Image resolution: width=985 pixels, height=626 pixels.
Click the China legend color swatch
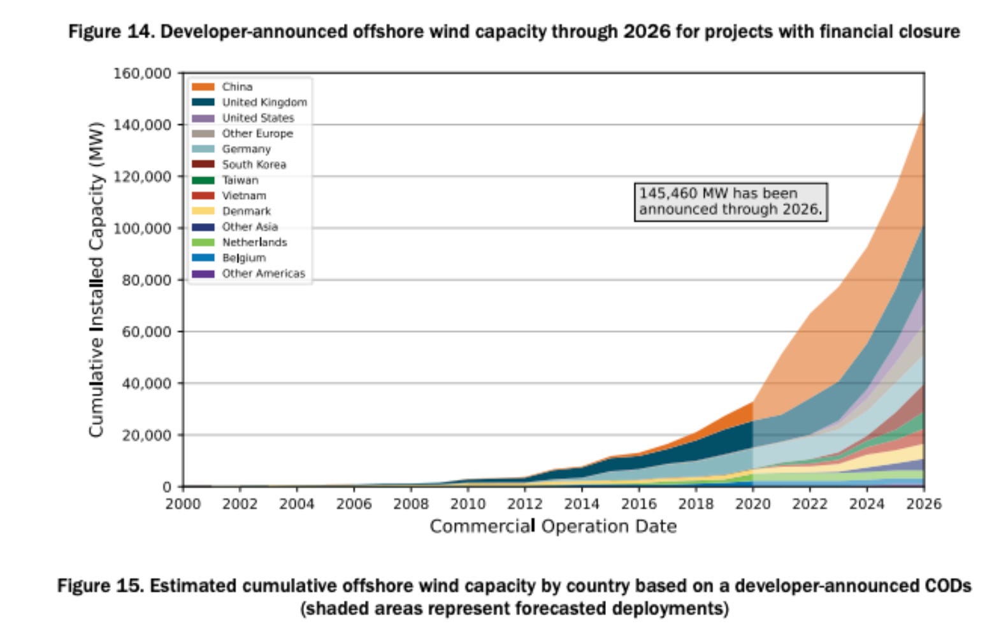click(x=203, y=87)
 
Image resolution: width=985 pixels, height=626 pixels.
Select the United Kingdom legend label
click(x=264, y=102)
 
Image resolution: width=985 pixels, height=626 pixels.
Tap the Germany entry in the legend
click(x=246, y=149)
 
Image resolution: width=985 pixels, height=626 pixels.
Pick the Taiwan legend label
click(x=240, y=180)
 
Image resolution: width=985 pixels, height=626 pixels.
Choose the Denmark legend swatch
click(x=203, y=211)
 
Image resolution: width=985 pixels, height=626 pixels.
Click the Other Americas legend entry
click(x=263, y=273)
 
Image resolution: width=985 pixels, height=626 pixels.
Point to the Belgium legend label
click(x=243, y=258)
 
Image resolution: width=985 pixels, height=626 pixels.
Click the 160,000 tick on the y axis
click(x=142, y=73)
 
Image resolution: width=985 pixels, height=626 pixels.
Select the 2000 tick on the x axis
click(x=183, y=504)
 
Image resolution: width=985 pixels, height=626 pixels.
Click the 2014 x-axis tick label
click(x=582, y=504)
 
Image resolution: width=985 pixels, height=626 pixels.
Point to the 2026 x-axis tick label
click(x=923, y=504)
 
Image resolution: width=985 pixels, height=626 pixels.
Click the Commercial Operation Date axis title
click(x=552, y=527)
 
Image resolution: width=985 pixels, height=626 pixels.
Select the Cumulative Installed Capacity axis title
click(x=96, y=279)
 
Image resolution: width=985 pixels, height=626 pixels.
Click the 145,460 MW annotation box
click(x=730, y=201)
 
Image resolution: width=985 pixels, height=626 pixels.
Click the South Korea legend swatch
click(x=203, y=164)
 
